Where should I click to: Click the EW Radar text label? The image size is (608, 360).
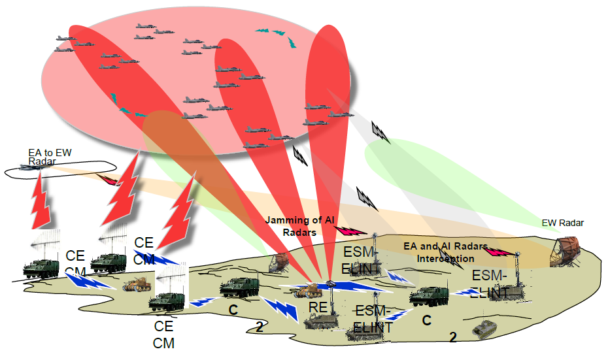point(562,223)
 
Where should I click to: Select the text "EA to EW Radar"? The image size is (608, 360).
point(49,157)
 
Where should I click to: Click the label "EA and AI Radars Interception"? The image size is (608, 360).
point(445,252)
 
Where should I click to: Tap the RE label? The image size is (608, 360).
point(317,307)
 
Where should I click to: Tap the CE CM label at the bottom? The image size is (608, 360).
point(163,334)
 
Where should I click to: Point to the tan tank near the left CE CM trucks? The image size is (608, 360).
point(137,284)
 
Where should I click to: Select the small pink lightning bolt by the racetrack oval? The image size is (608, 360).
point(108,178)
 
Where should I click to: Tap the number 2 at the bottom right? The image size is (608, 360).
point(452,337)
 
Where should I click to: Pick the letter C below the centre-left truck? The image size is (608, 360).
point(232,308)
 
